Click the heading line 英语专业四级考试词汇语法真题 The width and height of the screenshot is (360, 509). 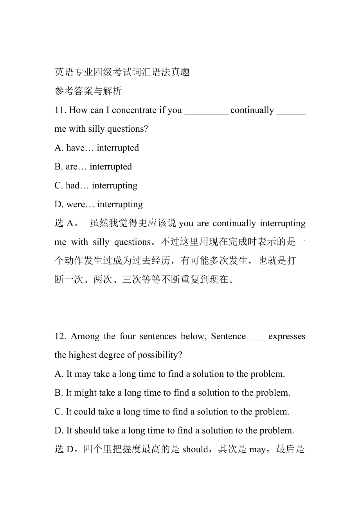click(x=122, y=72)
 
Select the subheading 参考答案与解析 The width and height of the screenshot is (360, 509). click(x=88, y=91)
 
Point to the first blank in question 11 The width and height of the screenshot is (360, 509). click(x=206, y=112)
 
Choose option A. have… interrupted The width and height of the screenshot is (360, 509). click(x=97, y=148)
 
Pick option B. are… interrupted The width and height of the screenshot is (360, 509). click(x=93, y=167)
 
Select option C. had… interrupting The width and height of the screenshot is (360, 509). click(x=96, y=185)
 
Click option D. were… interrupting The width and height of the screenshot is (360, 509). click(x=99, y=204)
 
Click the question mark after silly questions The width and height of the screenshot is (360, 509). click(x=146, y=129)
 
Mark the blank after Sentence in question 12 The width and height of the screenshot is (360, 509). click(x=257, y=338)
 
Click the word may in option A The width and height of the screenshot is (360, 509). click(x=82, y=374)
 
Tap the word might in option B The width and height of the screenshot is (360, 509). click(x=85, y=393)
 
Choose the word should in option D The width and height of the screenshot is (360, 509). click(x=87, y=430)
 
